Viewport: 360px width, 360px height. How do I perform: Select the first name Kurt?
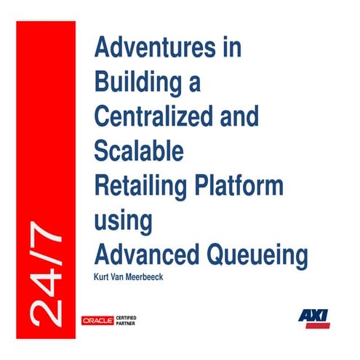[x=103, y=276]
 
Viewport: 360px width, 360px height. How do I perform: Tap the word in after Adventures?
[x=231, y=49]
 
